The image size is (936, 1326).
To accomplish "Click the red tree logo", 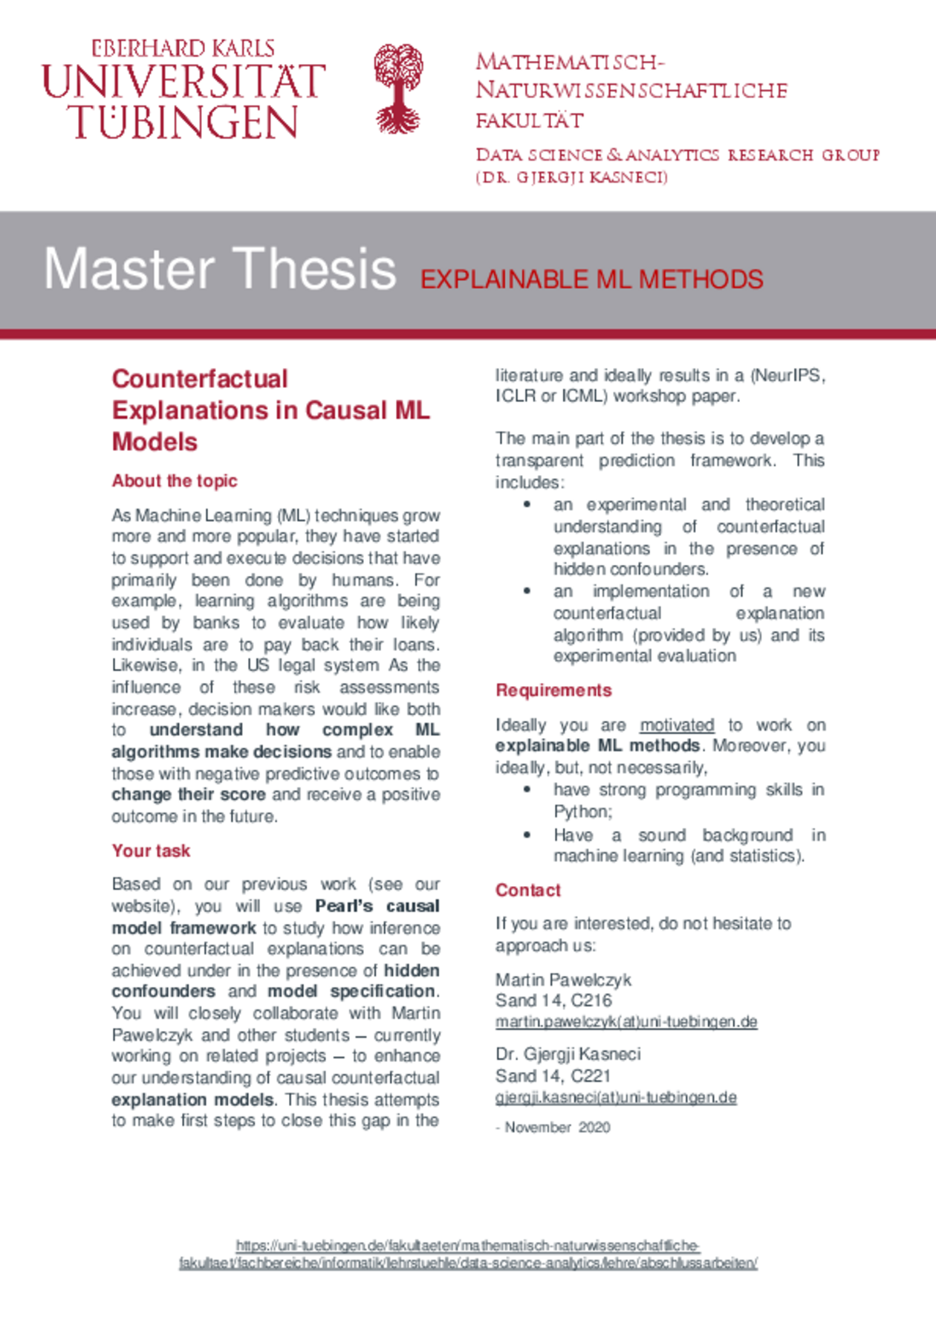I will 398,88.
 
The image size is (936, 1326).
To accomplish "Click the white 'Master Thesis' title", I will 220,269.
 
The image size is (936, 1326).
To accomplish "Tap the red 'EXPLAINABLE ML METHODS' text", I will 591,279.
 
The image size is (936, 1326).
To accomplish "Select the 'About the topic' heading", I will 175,481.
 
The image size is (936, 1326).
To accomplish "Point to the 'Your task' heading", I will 151,850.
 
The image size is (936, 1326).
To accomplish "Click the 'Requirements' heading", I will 553,691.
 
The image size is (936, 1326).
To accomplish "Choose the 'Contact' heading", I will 528,890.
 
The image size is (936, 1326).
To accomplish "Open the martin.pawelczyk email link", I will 626,1022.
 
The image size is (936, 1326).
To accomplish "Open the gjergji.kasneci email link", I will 616,1097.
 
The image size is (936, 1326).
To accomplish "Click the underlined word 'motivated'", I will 677,725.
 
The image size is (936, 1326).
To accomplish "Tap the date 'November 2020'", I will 557,1128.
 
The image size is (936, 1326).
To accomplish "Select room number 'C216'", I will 591,1000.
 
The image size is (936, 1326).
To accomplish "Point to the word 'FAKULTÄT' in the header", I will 530,120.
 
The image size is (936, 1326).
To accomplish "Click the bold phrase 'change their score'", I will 189,795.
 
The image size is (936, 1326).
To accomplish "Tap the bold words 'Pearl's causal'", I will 377,906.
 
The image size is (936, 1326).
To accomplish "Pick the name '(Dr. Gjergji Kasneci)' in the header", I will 571,178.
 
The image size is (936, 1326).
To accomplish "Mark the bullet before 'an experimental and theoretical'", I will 527,505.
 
